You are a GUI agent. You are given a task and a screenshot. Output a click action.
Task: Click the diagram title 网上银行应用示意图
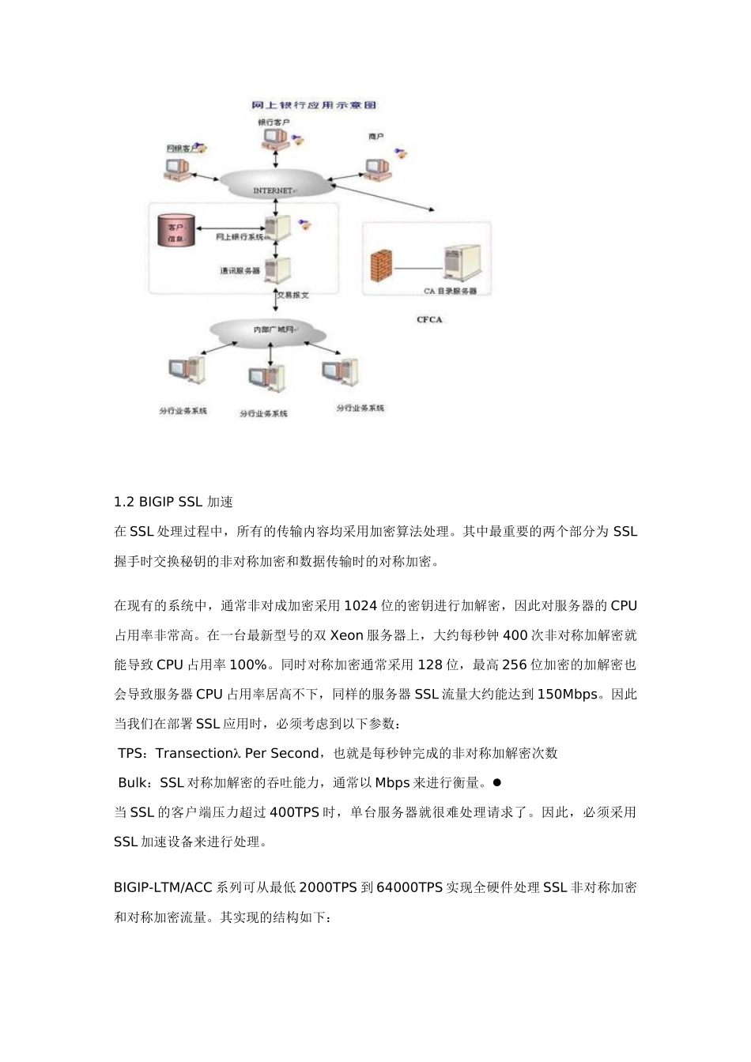313,105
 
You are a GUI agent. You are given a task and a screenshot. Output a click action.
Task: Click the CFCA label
429,319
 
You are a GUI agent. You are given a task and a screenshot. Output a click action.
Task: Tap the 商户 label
376,137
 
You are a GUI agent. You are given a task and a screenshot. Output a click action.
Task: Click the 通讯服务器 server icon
277,271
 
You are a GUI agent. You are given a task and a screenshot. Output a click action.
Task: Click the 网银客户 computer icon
177,168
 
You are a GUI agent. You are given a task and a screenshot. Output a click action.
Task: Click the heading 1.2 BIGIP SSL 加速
173,502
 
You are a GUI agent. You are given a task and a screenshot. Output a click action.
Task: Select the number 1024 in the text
361,606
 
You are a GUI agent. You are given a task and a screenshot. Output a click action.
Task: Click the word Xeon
346,635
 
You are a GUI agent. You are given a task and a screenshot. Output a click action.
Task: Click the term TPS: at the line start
134,754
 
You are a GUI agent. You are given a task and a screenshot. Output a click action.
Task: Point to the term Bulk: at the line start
136,783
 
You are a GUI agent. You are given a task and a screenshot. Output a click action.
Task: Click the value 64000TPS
409,887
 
